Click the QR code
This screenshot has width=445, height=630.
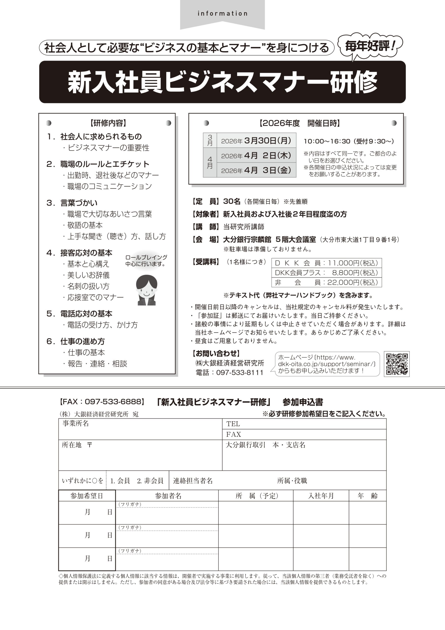(397, 364)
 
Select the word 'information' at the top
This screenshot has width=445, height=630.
(223, 14)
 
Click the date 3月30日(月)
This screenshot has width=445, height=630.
(267, 141)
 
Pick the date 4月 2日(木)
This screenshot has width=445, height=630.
(267, 156)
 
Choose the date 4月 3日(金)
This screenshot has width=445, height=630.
(267, 170)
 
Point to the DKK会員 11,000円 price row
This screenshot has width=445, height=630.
(326, 263)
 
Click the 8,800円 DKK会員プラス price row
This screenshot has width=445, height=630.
(326, 272)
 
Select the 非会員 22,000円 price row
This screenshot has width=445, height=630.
(326, 282)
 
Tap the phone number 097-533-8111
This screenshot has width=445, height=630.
(240, 372)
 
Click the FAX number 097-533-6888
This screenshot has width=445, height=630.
(113, 402)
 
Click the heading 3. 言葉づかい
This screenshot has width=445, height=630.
(79, 203)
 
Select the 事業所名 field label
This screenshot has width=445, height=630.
(76, 423)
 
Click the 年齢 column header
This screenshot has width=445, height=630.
(367, 496)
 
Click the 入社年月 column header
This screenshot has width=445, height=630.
(321, 496)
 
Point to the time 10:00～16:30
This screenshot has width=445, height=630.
(327, 141)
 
